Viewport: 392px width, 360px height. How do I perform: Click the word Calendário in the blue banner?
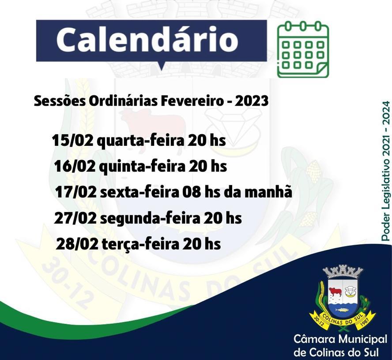pos(147,40)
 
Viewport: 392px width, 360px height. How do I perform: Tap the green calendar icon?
pos(303,49)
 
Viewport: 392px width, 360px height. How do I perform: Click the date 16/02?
pos(75,167)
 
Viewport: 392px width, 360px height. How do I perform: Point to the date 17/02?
pos(75,192)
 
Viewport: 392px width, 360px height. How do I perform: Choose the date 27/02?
pos(75,218)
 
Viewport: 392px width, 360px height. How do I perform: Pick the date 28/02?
pos(77,243)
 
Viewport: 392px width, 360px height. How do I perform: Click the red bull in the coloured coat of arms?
pos(335,292)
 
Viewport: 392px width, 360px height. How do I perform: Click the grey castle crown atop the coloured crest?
pos(343,272)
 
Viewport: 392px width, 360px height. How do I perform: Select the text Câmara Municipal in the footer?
pos(340,340)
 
